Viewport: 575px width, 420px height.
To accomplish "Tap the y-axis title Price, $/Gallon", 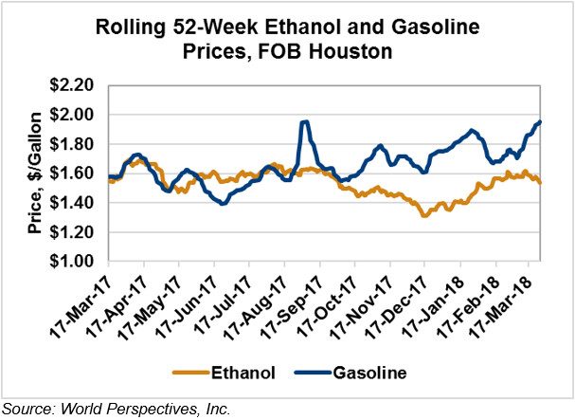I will click(32, 174).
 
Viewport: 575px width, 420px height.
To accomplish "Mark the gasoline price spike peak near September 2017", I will click(304, 121).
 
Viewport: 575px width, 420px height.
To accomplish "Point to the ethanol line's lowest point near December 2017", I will click(424, 216).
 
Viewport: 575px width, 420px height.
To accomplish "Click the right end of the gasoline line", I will click(540, 121).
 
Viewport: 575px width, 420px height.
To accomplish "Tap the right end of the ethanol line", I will click(540, 182).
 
